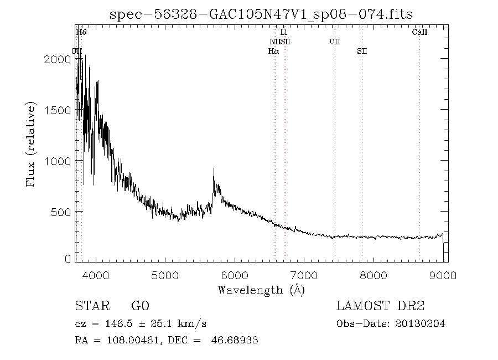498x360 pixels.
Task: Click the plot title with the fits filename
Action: point(261,14)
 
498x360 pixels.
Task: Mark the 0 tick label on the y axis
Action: point(68,259)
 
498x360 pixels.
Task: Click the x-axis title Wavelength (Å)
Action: point(261,290)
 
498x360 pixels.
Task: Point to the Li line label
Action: point(284,33)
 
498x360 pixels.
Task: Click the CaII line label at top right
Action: point(419,33)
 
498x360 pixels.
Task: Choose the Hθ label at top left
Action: point(82,33)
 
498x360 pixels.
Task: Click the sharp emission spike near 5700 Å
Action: point(214,172)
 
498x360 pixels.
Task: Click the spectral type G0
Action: point(140,306)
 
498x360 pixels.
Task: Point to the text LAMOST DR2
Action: point(380,306)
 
